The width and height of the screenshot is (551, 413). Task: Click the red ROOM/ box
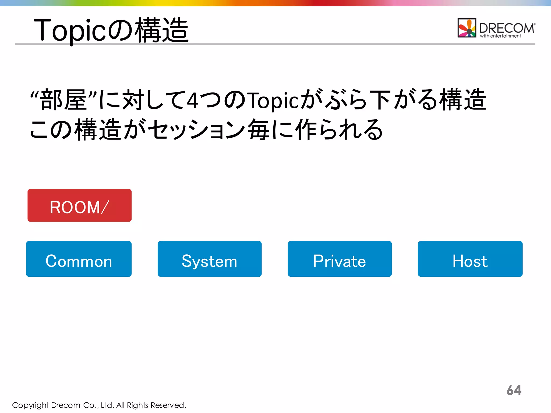[79, 205]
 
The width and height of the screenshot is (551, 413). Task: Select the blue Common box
[79, 259]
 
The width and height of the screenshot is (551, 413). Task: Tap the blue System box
[210, 259]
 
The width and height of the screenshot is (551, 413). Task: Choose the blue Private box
[340, 259]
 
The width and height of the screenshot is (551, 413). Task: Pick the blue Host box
[470, 259]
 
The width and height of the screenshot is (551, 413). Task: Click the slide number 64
[514, 390]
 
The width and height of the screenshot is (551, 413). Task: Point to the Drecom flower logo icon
[467, 28]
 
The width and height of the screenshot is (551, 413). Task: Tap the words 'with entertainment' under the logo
[500, 36]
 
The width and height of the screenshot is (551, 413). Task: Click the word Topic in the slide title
[70, 30]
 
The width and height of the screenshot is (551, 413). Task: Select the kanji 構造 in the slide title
[161, 30]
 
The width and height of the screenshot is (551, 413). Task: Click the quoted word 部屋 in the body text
[63, 100]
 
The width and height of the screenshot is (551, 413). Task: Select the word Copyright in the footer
[30, 405]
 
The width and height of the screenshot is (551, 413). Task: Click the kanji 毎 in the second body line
[258, 130]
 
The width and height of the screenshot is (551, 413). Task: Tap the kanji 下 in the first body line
[380, 100]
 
